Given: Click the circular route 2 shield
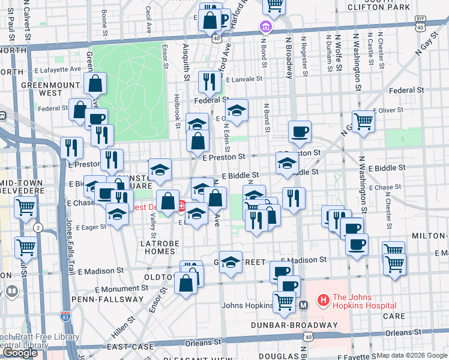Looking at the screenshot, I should pos(38,227).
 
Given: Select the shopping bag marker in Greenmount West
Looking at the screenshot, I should pos(95,83).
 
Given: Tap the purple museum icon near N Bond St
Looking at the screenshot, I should pos(265,26).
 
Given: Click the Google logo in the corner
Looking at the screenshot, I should pos(20,353).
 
